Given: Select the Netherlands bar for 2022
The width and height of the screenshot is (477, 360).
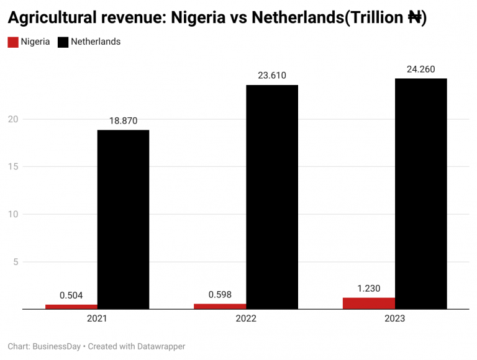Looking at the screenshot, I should [272, 197].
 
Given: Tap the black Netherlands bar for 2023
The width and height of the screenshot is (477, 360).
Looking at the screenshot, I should [420, 194].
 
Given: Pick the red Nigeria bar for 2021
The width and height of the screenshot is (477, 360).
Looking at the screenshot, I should [71, 307].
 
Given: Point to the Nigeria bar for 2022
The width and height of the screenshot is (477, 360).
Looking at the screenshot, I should [220, 306].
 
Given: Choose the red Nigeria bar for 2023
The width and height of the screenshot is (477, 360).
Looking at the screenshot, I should [369, 303].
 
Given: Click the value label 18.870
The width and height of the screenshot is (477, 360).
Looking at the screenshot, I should [123, 121].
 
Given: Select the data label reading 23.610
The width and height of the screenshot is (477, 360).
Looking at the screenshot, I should [272, 76].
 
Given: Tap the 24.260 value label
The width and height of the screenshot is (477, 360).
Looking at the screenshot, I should [420, 69].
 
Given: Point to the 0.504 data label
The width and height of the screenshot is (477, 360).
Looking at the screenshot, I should [71, 295].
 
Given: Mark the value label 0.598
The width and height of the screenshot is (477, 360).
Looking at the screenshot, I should [220, 295].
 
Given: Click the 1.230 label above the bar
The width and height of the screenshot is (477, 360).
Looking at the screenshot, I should [369, 288].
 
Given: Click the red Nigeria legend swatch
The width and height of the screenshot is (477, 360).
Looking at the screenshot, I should [12, 42].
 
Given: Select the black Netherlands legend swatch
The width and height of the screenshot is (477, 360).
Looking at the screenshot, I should [63, 42].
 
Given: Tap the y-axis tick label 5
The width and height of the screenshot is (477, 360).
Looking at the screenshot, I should [15, 262].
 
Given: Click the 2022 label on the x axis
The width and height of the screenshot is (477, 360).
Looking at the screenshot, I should [246, 318].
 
